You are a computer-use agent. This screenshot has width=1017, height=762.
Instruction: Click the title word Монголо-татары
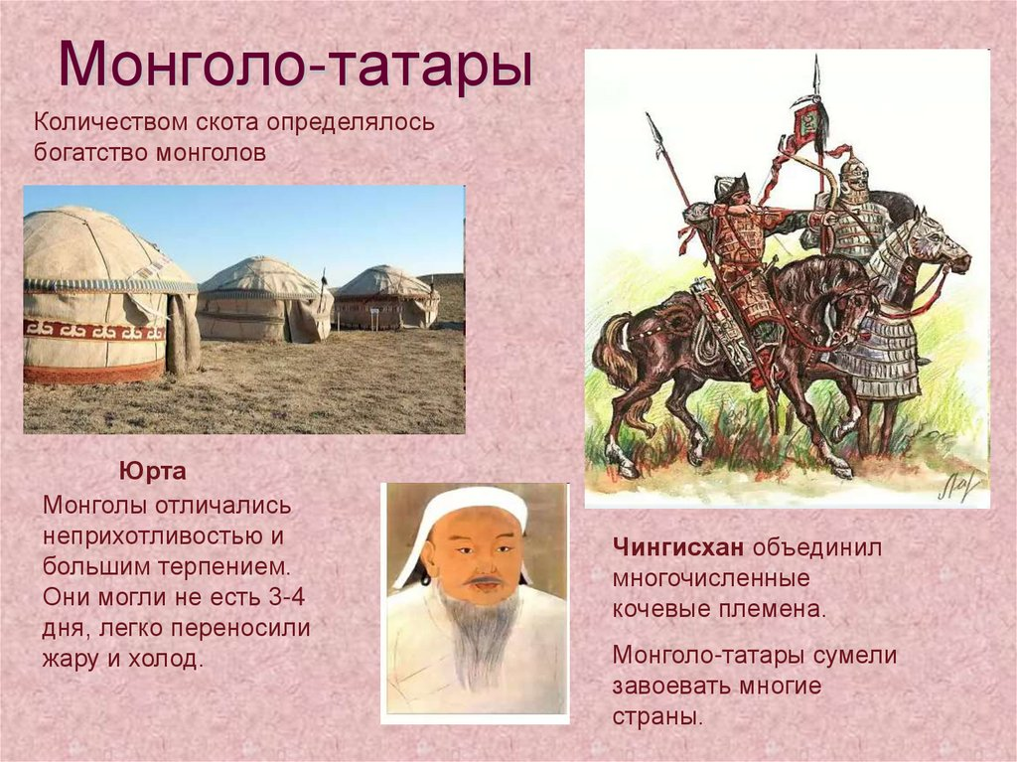point(295,65)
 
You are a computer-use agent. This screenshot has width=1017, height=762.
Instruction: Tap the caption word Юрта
point(152,471)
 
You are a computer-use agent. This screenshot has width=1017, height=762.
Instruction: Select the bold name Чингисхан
point(677,547)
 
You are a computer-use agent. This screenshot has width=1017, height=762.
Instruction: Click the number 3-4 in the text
point(286,596)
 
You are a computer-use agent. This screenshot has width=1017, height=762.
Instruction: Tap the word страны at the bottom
point(657,716)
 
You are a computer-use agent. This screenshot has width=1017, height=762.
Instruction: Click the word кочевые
point(661,609)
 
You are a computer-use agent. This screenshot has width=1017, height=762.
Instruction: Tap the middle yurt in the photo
point(264,299)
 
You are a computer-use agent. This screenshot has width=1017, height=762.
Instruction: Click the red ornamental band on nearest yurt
point(94,331)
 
